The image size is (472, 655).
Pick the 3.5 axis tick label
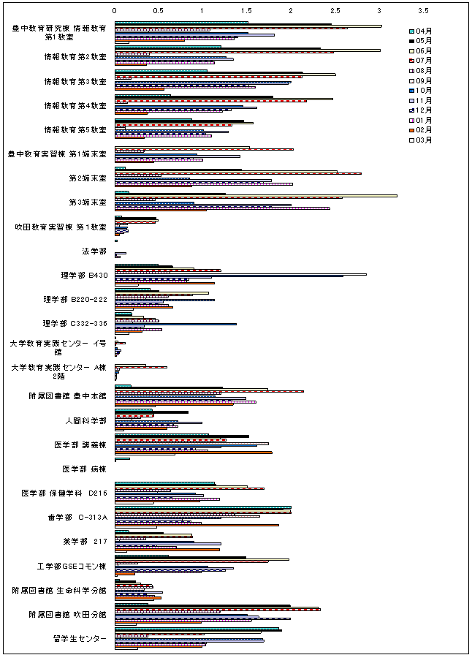(424, 12)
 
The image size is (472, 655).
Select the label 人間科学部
(89, 421)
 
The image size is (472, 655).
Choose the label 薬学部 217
(85, 542)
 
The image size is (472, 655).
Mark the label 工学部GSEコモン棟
(72, 566)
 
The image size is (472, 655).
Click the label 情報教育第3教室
(75, 81)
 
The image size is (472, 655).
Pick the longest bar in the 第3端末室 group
(256, 195)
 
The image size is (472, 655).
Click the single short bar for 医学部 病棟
(122, 458)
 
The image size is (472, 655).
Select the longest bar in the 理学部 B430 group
(240, 274)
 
